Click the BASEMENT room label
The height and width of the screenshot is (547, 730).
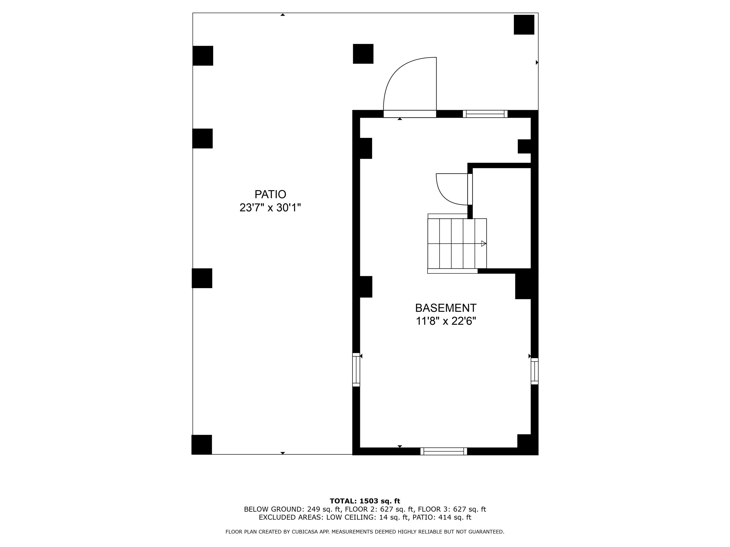[x=446, y=308]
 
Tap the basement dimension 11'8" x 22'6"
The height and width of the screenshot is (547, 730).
[x=446, y=321]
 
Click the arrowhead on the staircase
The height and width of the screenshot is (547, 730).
[x=484, y=244]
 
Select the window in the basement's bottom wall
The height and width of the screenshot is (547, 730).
[x=444, y=451]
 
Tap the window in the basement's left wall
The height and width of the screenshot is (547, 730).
[x=356, y=370]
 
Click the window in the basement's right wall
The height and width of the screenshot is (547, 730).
[x=534, y=371]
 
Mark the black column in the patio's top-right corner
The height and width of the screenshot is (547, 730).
[x=524, y=25]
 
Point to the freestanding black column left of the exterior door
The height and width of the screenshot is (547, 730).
[x=363, y=54]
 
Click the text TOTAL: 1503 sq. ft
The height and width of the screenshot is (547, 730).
[x=365, y=501]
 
